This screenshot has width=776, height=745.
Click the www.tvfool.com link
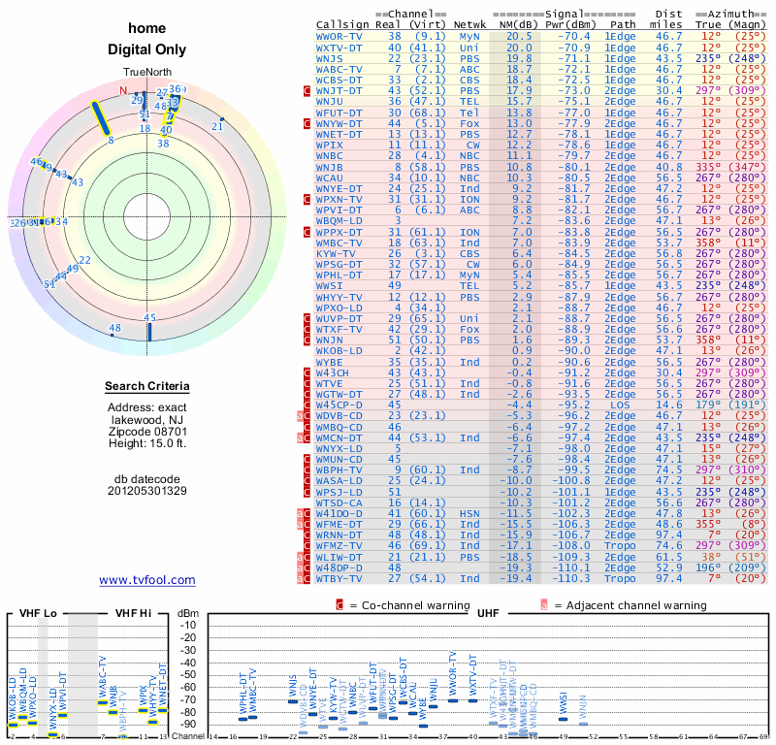[x=147, y=580]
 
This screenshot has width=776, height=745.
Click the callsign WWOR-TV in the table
[x=339, y=36]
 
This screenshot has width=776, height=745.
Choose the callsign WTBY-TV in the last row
[x=339, y=579]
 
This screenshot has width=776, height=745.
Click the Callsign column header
[x=341, y=24]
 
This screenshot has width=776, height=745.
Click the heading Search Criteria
[x=147, y=387]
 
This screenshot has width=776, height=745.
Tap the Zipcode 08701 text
[x=147, y=429]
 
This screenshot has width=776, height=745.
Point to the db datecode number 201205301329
[x=147, y=490]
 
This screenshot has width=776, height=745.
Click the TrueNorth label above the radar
[x=147, y=74]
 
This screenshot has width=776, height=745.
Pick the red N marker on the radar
[x=123, y=91]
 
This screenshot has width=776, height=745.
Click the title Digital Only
[x=147, y=49]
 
